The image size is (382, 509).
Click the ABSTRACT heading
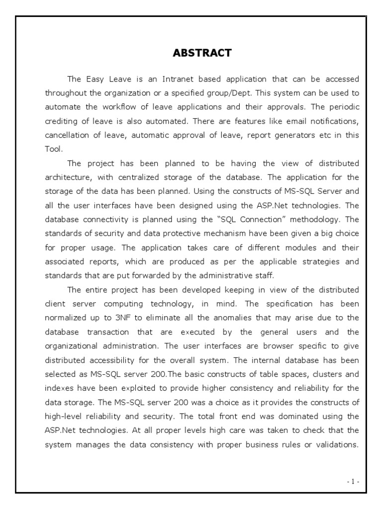point(202,53)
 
